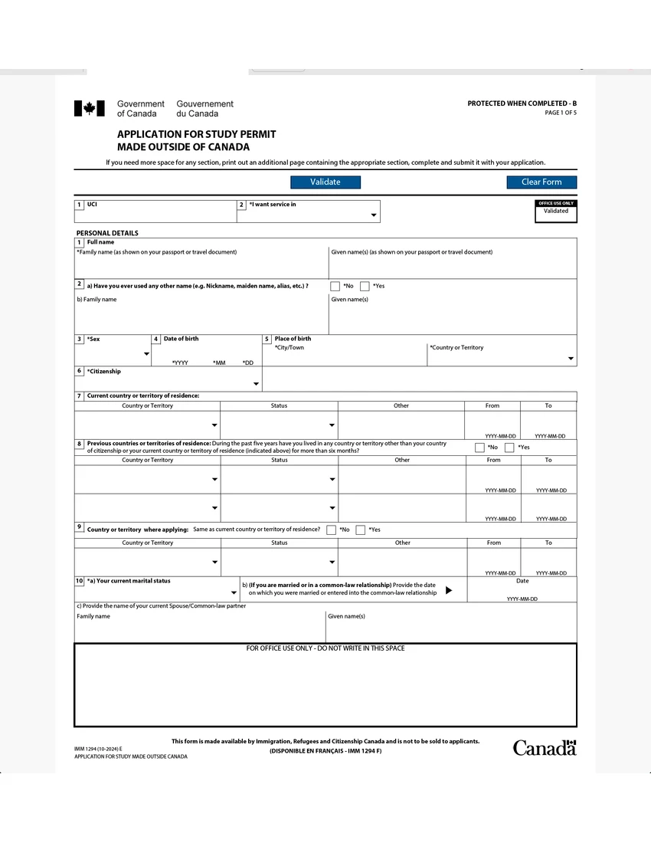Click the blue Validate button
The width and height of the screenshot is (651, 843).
pos(325,182)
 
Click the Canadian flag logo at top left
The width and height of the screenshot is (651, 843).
pos(89,109)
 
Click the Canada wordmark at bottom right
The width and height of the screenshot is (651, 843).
pos(544,748)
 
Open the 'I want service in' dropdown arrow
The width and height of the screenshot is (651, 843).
pos(374,216)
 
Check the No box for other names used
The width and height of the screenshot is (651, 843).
pos(335,287)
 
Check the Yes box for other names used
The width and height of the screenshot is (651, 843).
pos(365,287)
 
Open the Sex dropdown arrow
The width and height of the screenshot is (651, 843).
pos(146,353)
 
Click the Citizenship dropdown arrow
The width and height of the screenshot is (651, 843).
pos(256,384)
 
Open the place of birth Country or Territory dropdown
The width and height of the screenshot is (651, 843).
pos(571,359)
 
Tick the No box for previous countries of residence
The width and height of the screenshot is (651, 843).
pos(479,448)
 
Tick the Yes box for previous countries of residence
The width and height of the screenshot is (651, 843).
pos(509,448)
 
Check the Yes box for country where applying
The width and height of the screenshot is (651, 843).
pos(360,530)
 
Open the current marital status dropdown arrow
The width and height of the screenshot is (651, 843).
pos(234,593)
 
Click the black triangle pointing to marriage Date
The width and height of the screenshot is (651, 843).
pos(450,590)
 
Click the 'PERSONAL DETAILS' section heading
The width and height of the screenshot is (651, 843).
pos(107,233)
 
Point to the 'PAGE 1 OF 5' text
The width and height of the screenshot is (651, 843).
pos(561,113)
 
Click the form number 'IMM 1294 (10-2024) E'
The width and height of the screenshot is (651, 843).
pos(98,748)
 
